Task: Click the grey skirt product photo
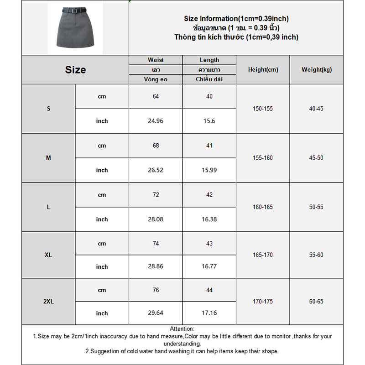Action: point(75,30)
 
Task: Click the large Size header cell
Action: point(75,70)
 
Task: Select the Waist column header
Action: point(156,60)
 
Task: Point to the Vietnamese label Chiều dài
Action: point(209,79)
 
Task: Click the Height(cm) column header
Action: point(263,70)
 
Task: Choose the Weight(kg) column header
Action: point(317,70)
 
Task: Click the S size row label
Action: point(48,109)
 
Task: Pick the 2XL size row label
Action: point(48,302)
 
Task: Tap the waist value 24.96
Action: point(156,121)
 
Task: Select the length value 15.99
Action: point(209,170)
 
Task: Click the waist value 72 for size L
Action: point(156,195)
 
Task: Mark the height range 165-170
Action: point(263,255)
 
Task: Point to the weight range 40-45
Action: point(317,109)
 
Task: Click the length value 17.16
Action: point(209,313)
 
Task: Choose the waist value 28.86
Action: point(156,266)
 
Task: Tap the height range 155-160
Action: point(263,158)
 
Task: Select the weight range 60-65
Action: point(317,302)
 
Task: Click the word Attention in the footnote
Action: point(182,329)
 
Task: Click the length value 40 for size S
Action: point(209,96)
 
